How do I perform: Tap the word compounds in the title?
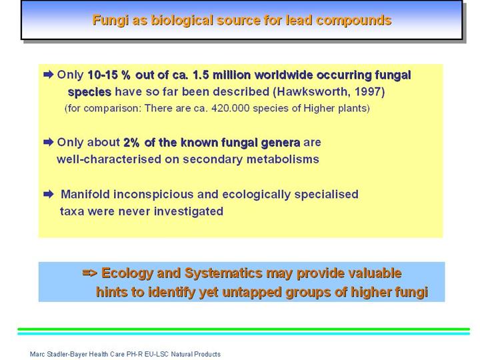(354, 21)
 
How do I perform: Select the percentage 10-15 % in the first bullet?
(109, 75)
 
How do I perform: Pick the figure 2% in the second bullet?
(131, 143)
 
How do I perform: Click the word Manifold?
(85, 195)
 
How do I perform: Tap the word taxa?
(72, 211)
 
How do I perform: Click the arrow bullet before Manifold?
(49, 194)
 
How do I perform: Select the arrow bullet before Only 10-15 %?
(49, 75)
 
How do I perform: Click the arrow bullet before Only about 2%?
(49, 142)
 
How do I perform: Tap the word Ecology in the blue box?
(127, 273)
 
